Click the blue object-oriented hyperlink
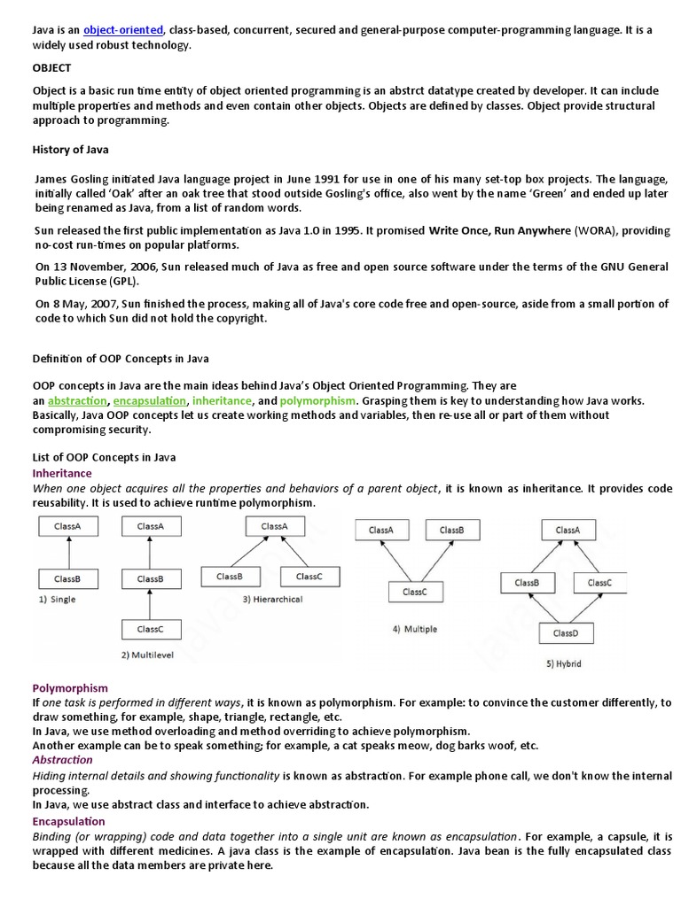click(x=123, y=30)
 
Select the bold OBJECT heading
click(x=52, y=67)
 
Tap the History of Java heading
click(x=71, y=150)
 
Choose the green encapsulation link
click(x=150, y=400)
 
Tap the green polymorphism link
click(x=318, y=400)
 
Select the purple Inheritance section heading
click(x=61, y=473)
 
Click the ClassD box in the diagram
click(x=565, y=633)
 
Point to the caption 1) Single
click(x=58, y=600)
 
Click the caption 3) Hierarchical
click(x=272, y=600)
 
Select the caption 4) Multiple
click(x=414, y=629)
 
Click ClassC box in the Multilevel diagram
click(x=150, y=630)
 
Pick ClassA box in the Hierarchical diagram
click(x=274, y=526)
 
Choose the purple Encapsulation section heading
click(x=68, y=821)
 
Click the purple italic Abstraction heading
click(x=62, y=759)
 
